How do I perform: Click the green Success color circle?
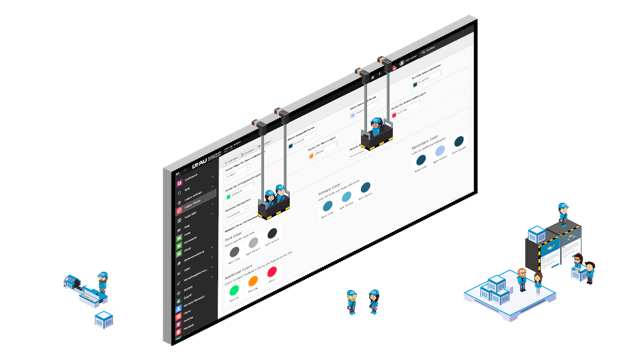coord(233,290)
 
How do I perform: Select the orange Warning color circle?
coord(253,281)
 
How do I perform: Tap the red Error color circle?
coord(272,271)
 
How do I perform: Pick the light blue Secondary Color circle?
coord(440,150)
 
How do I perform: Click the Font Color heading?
coord(233,235)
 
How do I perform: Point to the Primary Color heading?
coord(329,189)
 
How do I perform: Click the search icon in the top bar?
coord(423,51)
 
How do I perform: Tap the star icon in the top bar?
coord(372,76)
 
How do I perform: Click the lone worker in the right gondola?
coord(376,127)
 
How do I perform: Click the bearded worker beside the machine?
coord(102,282)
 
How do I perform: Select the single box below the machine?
coord(104,320)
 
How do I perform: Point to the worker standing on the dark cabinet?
coord(563,214)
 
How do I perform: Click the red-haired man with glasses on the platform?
coord(522,279)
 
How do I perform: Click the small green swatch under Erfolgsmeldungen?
coord(229,196)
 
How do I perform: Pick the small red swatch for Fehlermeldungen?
coord(394,115)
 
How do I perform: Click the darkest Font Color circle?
coord(272,233)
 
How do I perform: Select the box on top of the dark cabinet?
coord(536,234)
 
